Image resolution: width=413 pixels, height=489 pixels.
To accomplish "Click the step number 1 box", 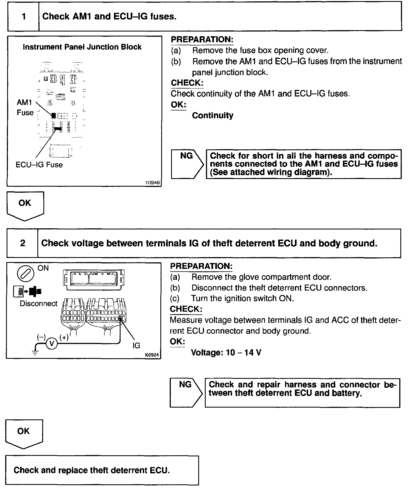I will coord(24,17).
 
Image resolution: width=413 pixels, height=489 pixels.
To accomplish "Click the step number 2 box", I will coord(23,243).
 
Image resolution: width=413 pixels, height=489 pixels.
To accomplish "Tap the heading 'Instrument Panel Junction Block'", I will coord(82,47).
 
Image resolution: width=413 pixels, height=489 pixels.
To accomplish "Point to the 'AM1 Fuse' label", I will coord(25,107).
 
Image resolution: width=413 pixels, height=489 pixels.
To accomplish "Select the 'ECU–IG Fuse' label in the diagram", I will coord(39,165).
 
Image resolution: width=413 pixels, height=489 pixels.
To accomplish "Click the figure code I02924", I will coord(152,355).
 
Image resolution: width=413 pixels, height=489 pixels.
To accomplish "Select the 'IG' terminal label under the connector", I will coord(136,345).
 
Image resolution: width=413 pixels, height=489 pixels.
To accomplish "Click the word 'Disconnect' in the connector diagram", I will coord(38,304).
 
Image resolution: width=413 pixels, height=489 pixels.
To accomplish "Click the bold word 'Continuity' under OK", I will coord(213,115).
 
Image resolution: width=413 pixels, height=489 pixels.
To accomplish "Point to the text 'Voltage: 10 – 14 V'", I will coord(226,352).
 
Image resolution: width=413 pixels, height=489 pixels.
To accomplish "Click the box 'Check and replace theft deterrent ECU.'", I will coord(102,470).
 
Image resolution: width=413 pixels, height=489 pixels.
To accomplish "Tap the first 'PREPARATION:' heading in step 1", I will coord(202,39).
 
